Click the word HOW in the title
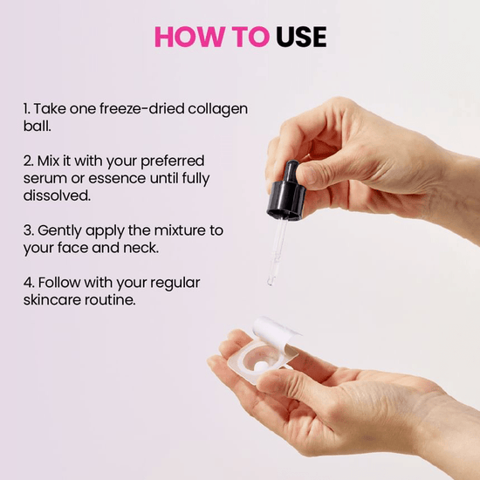click(189, 37)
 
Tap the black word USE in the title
click(301, 37)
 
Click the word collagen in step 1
click(217, 110)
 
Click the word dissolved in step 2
click(57, 195)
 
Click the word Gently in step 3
click(59, 230)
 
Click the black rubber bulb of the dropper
click(291, 170)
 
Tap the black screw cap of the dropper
click(286, 200)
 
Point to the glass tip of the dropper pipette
click(271, 282)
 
